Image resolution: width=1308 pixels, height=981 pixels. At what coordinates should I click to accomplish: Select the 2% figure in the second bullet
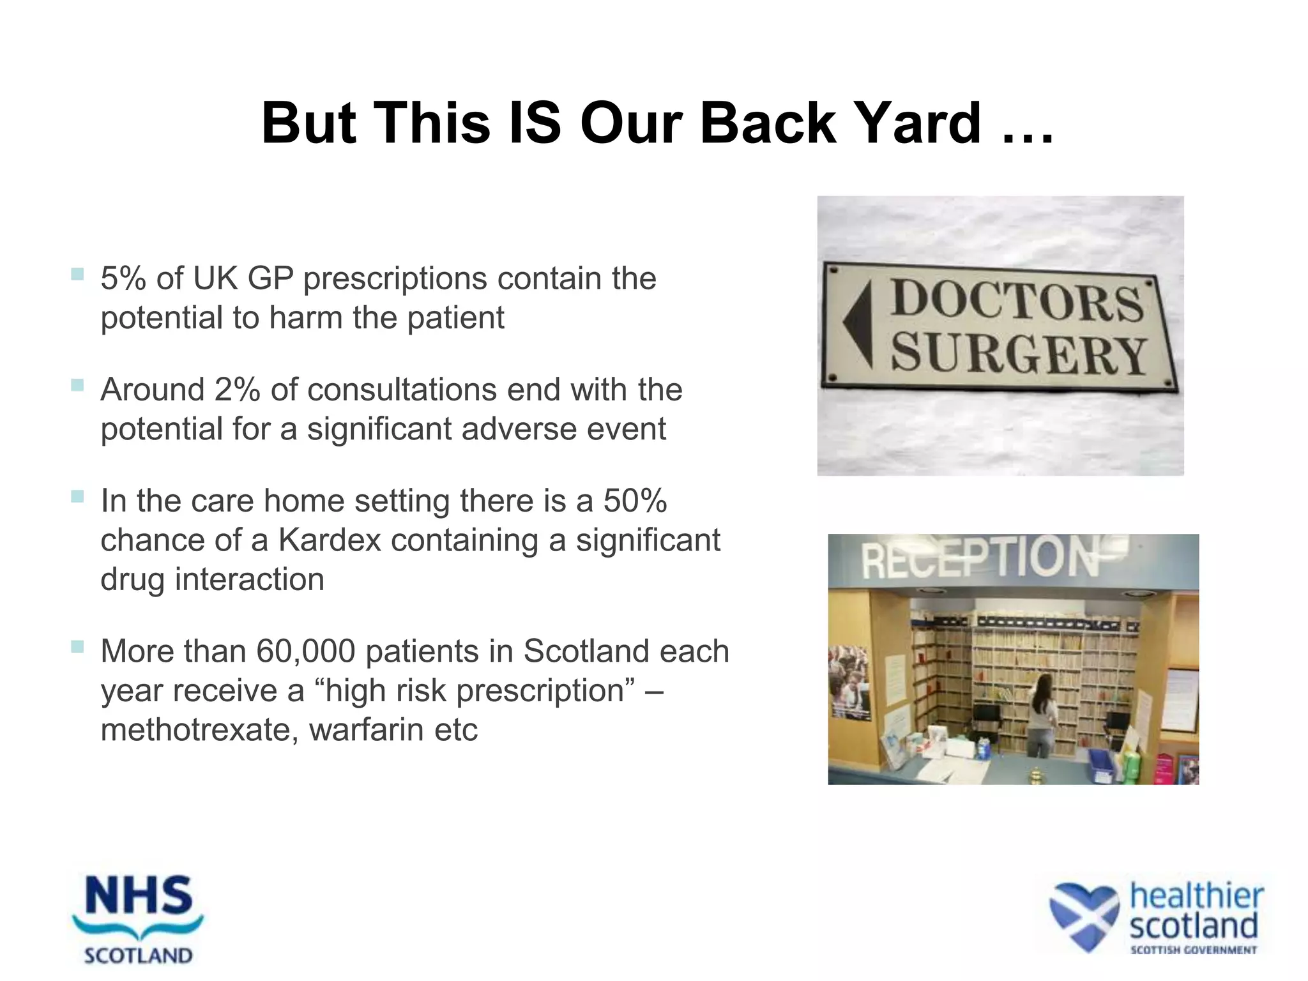click(x=237, y=390)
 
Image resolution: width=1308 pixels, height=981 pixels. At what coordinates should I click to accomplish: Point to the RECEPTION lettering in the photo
click(x=980, y=557)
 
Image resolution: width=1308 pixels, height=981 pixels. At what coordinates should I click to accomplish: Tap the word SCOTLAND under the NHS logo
click(x=139, y=956)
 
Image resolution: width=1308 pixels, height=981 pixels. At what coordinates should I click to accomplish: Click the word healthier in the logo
click(x=1196, y=896)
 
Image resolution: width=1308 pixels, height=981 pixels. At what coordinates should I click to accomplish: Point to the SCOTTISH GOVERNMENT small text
click(x=1193, y=950)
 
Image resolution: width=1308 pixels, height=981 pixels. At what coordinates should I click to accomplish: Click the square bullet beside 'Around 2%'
click(x=77, y=385)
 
